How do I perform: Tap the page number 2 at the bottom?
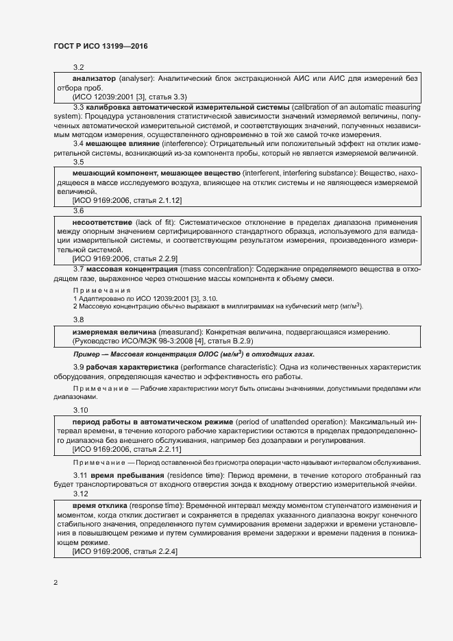(x=56, y=583)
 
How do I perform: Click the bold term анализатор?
(x=94, y=79)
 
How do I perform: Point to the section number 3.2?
(x=78, y=68)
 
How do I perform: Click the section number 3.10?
(x=80, y=410)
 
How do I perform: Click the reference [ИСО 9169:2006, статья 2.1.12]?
(x=127, y=199)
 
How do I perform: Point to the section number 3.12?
(x=80, y=494)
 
